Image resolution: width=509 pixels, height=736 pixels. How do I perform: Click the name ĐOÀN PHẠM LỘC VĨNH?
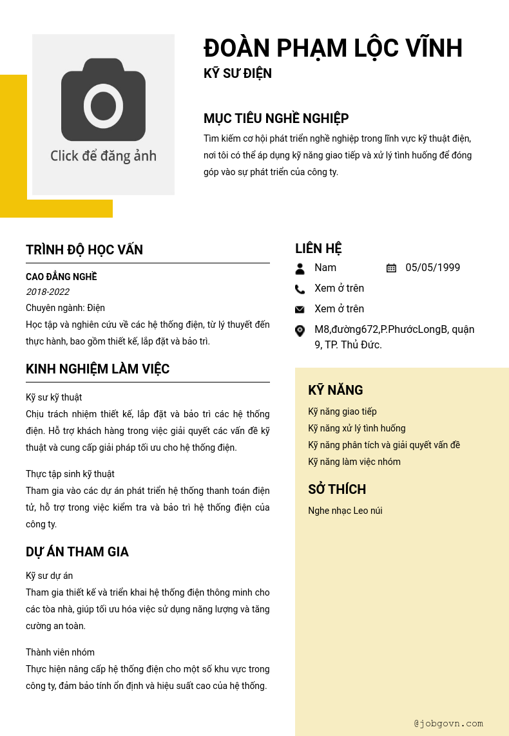pyautogui.click(x=333, y=49)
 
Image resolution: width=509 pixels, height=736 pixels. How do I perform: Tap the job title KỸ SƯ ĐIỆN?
pyautogui.click(x=238, y=73)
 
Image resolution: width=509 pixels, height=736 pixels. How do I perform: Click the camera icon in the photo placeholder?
pyautogui.click(x=103, y=100)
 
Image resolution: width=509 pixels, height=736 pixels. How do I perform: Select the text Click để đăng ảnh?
pyautogui.click(x=103, y=156)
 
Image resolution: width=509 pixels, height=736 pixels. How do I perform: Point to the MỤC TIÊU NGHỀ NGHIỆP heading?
pyautogui.click(x=276, y=118)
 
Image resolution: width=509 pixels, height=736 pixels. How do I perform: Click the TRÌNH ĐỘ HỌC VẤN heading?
pyautogui.click(x=84, y=250)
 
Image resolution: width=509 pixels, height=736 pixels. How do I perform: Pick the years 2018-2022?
pyautogui.click(x=48, y=292)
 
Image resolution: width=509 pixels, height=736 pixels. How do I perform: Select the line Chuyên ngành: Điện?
pyautogui.click(x=65, y=308)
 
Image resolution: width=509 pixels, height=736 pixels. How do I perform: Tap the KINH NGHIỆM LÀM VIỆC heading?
pyautogui.click(x=97, y=369)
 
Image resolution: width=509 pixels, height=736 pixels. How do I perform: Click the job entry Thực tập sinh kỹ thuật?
pyautogui.click(x=70, y=474)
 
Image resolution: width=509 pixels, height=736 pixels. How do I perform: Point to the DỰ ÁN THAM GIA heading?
pyautogui.click(x=77, y=552)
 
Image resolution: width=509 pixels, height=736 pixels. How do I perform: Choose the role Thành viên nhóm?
pyautogui.click(x=60, y=652)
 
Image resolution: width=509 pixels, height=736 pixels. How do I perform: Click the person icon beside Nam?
pyautogui.click(x=300, y=269)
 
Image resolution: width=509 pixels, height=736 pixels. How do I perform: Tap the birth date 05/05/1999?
pyautogui.click(x=432, y=268)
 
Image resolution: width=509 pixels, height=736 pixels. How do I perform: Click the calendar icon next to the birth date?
pyautogui.click(x=391, y=268)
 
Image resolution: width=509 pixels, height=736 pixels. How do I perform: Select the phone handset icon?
pyautogui.click(x=300, y=289)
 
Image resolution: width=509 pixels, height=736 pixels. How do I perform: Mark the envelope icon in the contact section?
pyautogui.click(x=300, y=310)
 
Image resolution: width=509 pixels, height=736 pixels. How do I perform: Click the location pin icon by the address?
pyautogui.click(x=300, y=331)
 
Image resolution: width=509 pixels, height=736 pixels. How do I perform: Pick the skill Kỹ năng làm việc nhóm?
pyautogui.click(x=354, y=462)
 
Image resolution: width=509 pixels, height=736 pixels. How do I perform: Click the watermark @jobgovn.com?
pyautogui.click(x=448, y=723)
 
